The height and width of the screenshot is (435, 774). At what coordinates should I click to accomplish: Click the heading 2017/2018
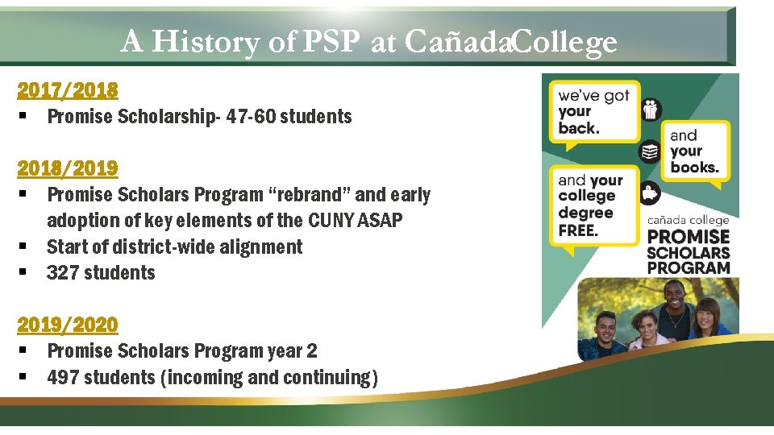[68, 89]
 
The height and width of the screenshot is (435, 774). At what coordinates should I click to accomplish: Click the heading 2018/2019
[68, 168]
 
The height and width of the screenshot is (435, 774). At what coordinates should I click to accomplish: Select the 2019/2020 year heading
[68, 324]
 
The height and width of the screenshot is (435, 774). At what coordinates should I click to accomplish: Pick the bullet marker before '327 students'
[23, 273]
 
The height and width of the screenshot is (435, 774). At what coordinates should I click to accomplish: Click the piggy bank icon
[650, 193]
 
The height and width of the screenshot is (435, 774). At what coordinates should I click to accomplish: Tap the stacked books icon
[650, 151]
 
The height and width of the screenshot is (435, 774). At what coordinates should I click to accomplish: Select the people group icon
[650, 109]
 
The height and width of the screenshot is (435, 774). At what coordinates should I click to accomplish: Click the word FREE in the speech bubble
[578, 230]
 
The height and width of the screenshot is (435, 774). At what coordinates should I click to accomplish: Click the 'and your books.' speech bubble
[694, 152]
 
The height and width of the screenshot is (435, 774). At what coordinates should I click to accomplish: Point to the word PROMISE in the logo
[689, 237]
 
